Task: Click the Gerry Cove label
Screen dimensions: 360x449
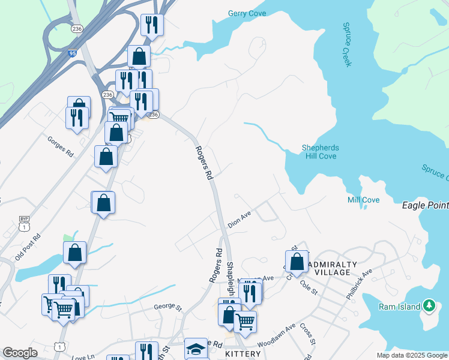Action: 247,14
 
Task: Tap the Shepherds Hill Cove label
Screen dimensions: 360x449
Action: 320,152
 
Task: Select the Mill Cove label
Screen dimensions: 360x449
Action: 364,200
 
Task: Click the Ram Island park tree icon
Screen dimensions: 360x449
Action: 429,306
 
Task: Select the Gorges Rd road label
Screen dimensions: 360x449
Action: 60,146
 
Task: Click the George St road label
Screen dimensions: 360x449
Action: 167,307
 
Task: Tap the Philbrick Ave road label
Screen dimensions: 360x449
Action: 359,284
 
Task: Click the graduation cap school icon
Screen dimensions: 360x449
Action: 196,349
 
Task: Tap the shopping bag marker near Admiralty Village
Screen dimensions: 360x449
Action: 297,262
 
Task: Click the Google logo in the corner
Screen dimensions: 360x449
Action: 20,353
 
